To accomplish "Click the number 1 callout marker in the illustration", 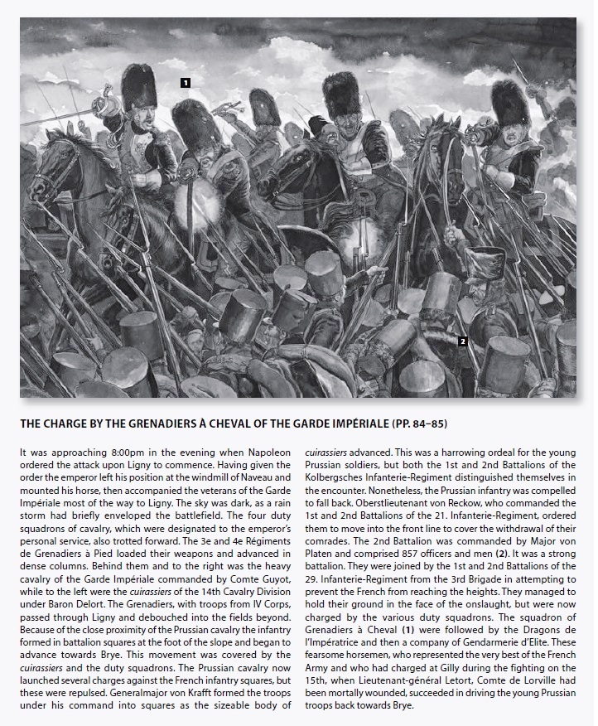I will [186, 82].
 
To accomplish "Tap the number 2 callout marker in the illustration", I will [463, 341].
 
